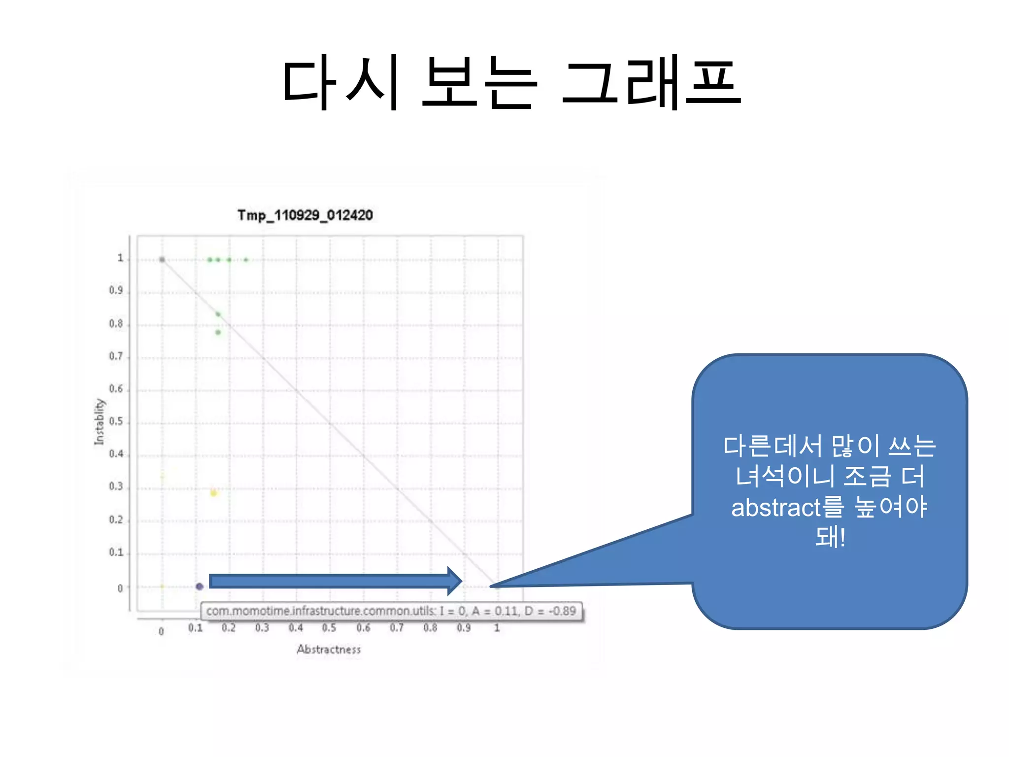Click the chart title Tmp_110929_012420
tap(305, 215)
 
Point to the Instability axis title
tap(100, 421)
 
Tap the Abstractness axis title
tap(329, 650)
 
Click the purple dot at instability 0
tap(200, 586)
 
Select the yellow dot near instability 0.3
tap(213, 493)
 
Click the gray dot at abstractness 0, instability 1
tap(162, 260)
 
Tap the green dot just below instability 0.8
tap(218, 332)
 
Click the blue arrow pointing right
tap(335, 581)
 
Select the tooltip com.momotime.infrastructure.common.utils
tap(321, 611)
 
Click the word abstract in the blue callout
tap(776, 508)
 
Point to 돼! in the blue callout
tap(830, 537)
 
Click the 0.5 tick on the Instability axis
tap(116, 422)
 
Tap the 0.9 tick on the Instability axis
tap(116, 290)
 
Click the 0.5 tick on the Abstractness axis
tap(329, 628)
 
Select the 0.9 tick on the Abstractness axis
tap(464, 628)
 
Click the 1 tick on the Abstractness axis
tap(497, 628)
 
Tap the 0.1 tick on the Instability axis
tap(116, 552)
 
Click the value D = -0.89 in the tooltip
tap(550, 611)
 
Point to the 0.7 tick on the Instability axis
tap(116, 356)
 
